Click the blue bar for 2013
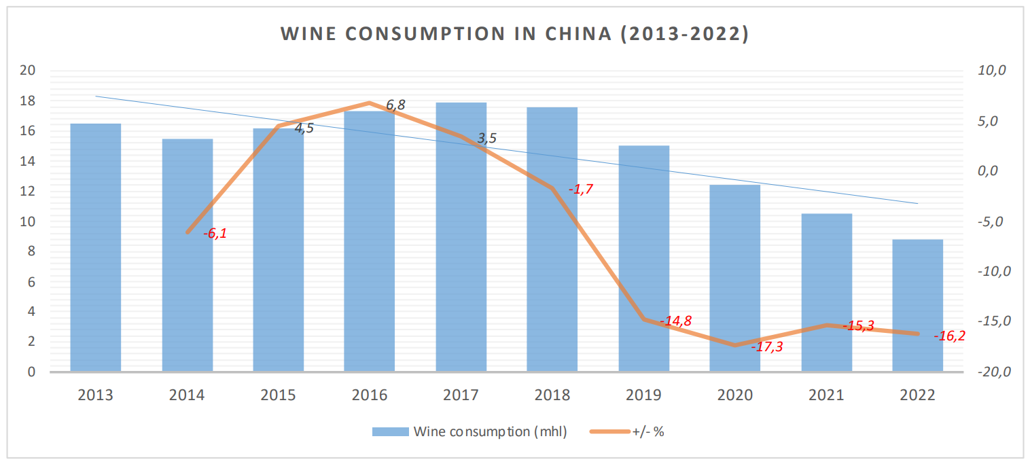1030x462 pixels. [96, 247]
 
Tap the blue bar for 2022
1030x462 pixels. [918, 305]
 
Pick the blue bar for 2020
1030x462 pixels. [735, 278]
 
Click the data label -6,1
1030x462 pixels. [215, 234]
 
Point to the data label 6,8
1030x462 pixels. [395, 105]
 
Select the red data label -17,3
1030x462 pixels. [767, 346]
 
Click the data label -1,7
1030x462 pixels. [581, 190]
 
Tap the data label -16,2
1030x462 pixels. [949, 336]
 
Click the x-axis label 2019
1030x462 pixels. [643, 395]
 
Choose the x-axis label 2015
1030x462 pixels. [278, 395]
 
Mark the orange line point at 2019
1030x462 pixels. [643, 319]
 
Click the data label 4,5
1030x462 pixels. [304, 128]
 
